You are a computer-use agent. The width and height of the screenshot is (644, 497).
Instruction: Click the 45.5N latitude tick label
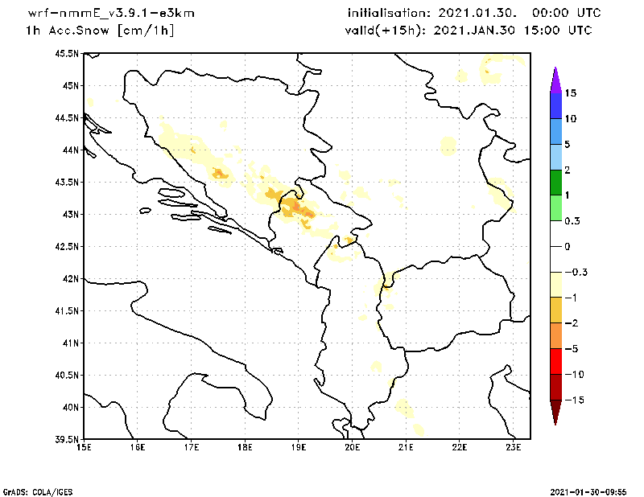pos(68,53)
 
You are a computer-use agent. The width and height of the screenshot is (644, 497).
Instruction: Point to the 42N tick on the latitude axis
pos(72,278)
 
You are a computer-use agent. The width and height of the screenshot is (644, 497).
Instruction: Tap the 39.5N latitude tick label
pos(68,439)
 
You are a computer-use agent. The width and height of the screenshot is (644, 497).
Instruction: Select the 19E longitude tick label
pos(299,447)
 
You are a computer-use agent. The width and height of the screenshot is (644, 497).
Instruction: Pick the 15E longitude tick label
pos(83,447)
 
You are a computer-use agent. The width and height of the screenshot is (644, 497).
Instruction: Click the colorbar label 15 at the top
pos(571,92)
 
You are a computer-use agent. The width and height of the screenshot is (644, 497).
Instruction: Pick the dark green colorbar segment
pos(555,183)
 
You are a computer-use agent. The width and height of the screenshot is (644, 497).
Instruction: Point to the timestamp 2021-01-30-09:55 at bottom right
pos(594,491)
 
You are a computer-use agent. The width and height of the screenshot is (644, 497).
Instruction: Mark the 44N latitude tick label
pos(72,150)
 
